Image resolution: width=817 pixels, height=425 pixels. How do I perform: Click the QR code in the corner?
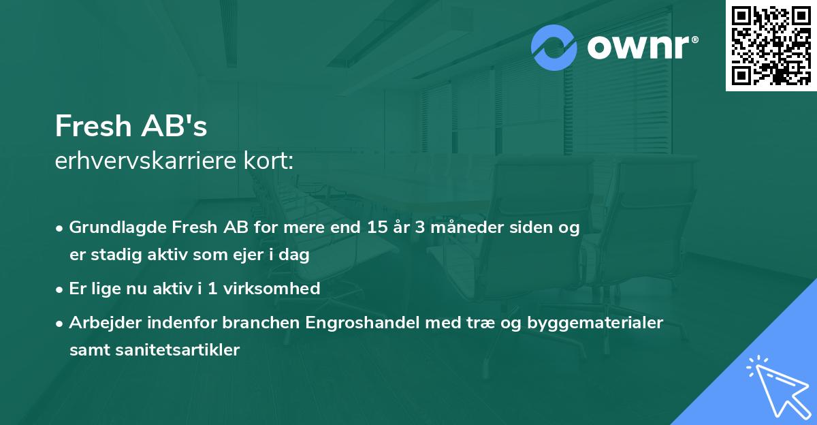[x=771, y=45]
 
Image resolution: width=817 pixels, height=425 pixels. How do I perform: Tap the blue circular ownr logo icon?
[x=554, y=48]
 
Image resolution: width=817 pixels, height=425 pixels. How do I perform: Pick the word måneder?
[x=458, y=228]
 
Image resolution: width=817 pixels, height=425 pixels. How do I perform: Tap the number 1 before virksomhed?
[x=212, y=289]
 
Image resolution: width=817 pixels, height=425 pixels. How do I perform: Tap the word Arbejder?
[x=99, y=322]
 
